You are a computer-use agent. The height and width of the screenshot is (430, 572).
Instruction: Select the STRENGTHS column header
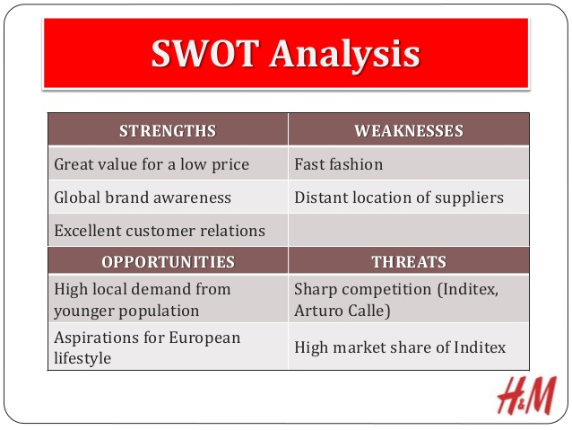[x=168, y=131]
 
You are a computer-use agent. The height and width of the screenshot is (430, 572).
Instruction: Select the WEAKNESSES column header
[x=409, y=131]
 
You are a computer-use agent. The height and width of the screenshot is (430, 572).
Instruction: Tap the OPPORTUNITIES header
[x=168, y=262]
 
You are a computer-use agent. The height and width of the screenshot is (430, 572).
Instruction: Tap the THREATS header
[x=409, y=262]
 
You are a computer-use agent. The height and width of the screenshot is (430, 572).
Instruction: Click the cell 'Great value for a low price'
[x=152, y=164]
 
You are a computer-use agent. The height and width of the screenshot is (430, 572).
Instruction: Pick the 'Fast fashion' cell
[x=338, y=164]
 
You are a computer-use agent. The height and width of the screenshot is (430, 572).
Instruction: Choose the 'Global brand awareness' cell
[x=143, y=197]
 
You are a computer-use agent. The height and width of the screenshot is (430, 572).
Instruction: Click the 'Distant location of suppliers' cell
[x=398, y=197]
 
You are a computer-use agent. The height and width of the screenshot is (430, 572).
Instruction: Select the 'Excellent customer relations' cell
[x=160, y=231]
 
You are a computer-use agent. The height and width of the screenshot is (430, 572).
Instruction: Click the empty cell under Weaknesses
[x=409, y=231]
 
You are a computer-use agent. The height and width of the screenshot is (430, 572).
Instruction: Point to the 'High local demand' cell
[x=143, y=298]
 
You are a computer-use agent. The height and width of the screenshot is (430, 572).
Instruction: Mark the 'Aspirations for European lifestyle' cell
[x=147, y=347]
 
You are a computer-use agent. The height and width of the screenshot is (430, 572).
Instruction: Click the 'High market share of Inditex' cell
[x=400, y=347]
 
